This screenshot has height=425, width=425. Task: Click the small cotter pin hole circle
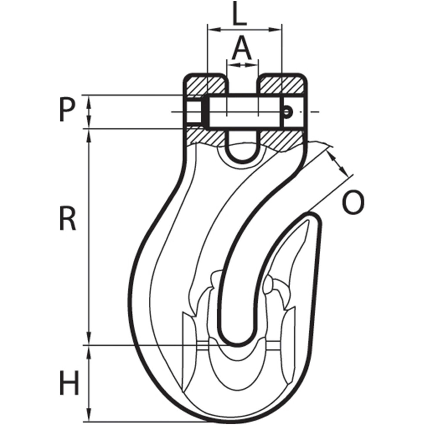287,112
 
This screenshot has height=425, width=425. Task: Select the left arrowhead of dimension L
214,29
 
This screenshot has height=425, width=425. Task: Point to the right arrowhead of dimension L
275,29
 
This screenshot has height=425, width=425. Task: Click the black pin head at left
205,112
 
